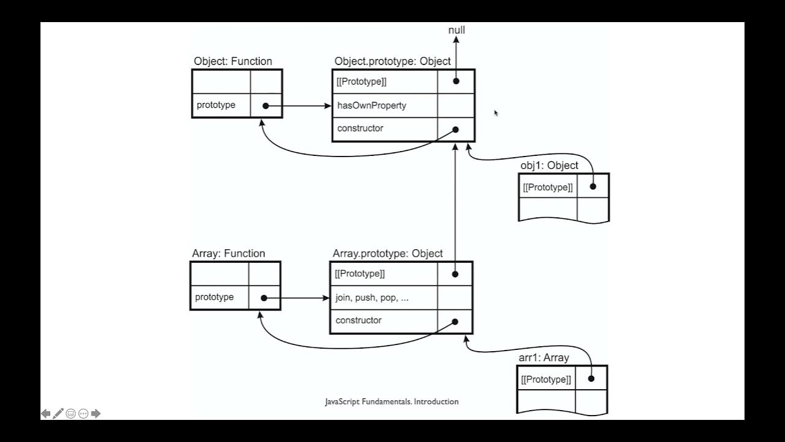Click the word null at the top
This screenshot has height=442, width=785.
(x=456, y=30)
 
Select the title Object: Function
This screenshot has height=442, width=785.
(x=233, y=61)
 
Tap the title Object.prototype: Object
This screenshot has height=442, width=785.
(x=392, y=61)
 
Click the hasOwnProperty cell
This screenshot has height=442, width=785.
(x=372, y=106)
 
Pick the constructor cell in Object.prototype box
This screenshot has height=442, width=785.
(x=360, y=128)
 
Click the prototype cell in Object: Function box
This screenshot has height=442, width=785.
(x=216, y=105)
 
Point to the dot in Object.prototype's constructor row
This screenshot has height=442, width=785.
(x=456, y=130)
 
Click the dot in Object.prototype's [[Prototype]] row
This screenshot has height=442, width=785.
(x=456, y=81)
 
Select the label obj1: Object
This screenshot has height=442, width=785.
(x=549, y=165)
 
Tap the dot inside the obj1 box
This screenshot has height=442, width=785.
(x=593, y=187)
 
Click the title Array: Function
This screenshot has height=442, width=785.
(x=229, y=254)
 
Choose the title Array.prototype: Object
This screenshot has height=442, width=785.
(x=388, y=254)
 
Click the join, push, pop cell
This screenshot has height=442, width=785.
(x=372, y=298)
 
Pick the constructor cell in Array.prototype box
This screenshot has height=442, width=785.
(x=358, y=320)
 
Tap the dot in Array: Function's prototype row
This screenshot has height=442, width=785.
(x=264, y=298)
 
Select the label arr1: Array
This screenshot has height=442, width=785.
(x=543, y=357)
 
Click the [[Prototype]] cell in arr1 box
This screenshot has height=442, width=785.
(x=546, y=379)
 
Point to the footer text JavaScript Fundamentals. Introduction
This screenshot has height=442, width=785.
(x=392, y=401)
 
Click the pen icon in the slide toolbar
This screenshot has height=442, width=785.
(x=58, y=414)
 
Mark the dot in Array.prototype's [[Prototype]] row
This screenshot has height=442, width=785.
(x=454, y=274)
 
